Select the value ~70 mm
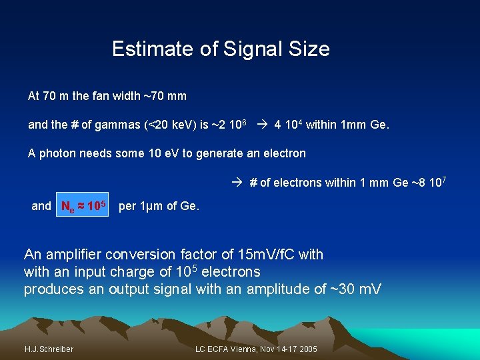[x=165, y=96]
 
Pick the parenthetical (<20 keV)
[x=164, y=125]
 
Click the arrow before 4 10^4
[x=262, y=125]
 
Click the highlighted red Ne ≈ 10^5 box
[x=83, y=207]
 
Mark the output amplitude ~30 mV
[x=358, y=289]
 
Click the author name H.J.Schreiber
[x=49, y=349]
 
